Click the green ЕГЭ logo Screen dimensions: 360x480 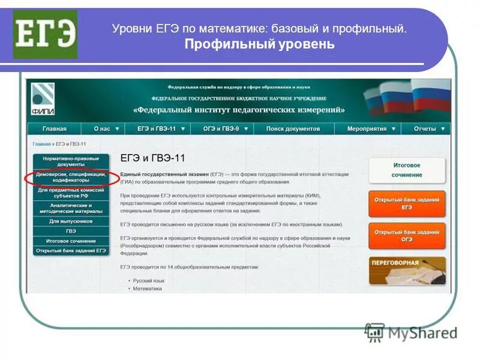point(45,34)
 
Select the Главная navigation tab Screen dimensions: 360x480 point(54,128)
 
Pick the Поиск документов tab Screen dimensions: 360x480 point(293,128)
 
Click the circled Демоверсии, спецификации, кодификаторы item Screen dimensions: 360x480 point(71,177)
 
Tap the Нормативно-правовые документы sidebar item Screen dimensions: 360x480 point(71,161)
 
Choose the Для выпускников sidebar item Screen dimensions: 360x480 point(71,221)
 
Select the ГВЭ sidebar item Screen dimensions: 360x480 point(71,231)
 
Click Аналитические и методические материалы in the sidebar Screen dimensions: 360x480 point(71,208)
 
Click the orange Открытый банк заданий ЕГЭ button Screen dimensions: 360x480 point(407,203)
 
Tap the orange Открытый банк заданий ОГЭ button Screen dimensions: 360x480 point(407,235)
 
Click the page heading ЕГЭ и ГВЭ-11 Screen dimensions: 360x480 point(153,158)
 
